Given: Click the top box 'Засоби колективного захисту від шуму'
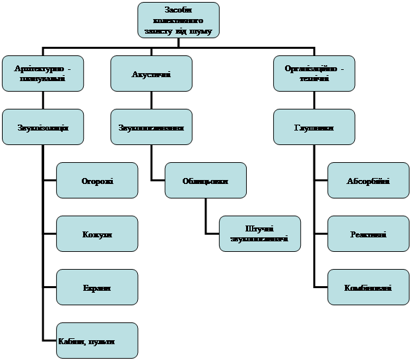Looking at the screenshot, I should pos(179,20).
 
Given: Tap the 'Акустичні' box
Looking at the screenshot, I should pos(151,74).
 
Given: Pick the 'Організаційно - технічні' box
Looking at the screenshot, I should pos(314,74).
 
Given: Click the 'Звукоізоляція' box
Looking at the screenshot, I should pos(44,127).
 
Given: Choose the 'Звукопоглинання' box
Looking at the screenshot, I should pos(151,127).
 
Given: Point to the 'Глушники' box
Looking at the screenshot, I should pos(314,127).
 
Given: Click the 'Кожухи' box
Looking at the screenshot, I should pos(97,235).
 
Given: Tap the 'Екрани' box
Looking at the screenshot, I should pos(97,288).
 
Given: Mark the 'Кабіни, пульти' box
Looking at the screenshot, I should pos(97,341).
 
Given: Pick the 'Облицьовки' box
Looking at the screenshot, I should pos(205,181).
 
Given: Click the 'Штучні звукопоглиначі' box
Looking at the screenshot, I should pos(259,233).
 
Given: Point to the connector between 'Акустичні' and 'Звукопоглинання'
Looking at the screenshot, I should pos(151,100).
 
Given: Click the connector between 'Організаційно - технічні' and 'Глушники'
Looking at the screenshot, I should pos(314,100).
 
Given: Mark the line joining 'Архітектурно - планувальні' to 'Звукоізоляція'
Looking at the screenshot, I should pos(44,100).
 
